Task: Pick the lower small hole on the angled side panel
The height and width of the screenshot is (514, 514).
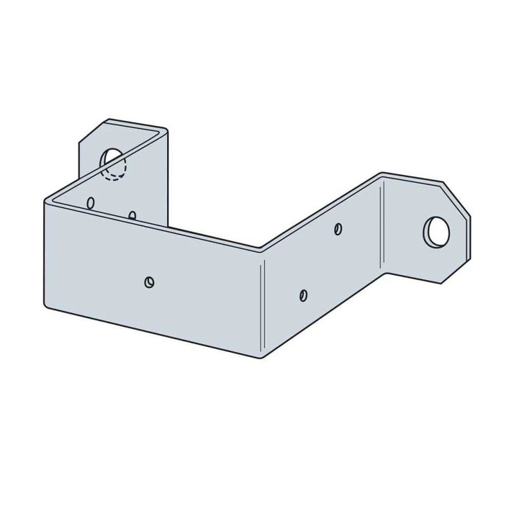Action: tap(303, 294)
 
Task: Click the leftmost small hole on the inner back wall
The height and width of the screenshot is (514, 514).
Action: tap(91, 202)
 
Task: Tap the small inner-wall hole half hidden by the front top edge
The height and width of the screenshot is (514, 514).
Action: tap(132, 215)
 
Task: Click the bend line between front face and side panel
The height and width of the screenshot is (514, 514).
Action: tap(262, 302)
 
